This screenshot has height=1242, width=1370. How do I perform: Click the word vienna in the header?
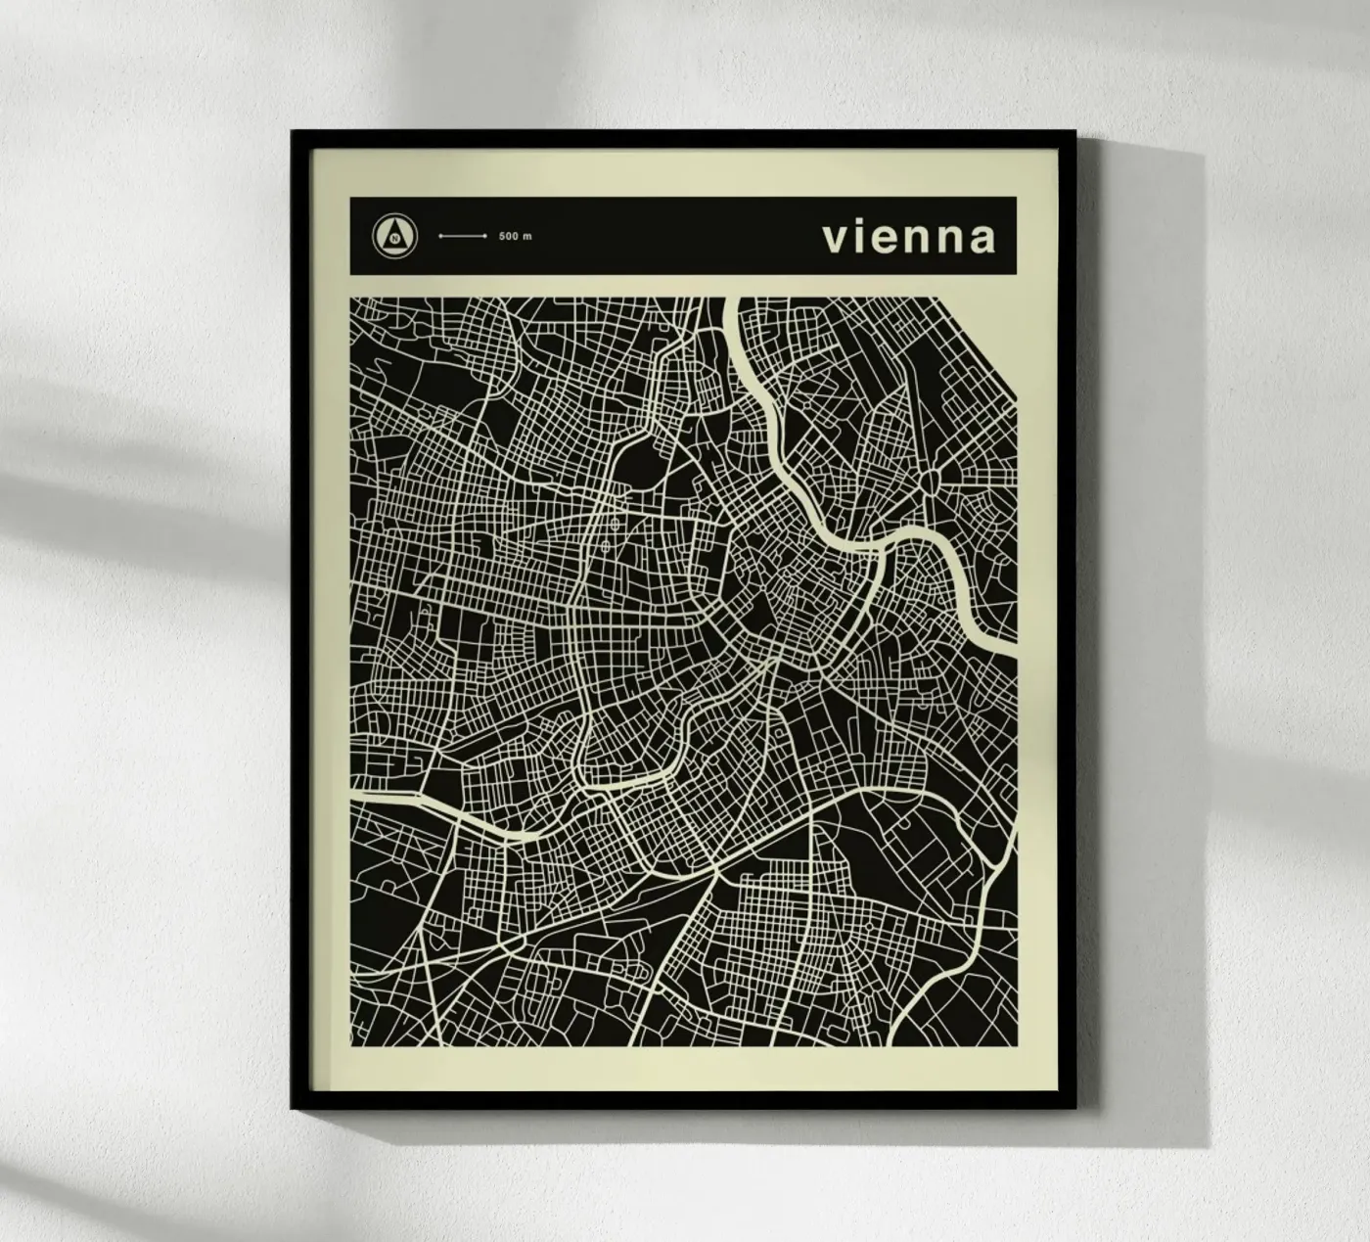coord(908,237)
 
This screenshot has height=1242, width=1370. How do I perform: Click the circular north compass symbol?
coord(394,236)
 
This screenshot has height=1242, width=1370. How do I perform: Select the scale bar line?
coord(463,237)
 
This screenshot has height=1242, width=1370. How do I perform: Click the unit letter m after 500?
coord(528,237)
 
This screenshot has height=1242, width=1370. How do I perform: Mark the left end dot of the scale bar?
coord(440,237)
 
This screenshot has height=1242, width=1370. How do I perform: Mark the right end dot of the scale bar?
coord(485,237)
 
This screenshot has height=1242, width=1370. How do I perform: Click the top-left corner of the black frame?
coord(294,133)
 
